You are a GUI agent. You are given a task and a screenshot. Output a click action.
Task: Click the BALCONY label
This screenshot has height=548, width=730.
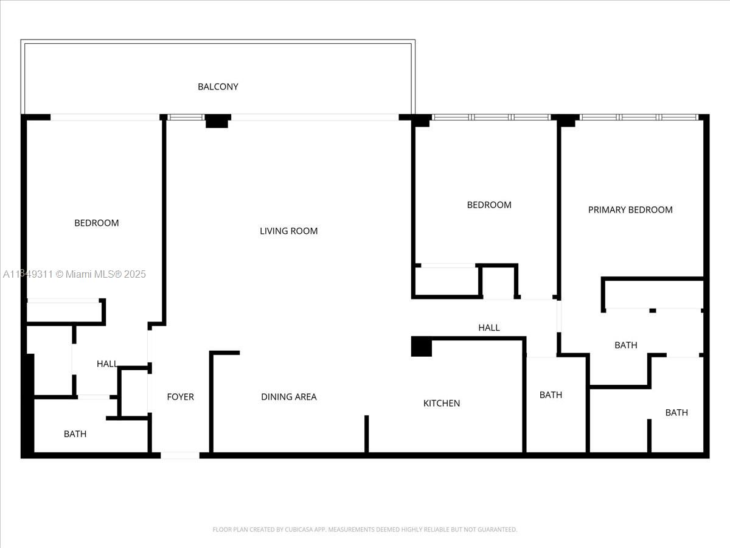coord(218,86)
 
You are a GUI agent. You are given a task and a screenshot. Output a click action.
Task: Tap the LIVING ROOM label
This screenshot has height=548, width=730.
coord(288,231)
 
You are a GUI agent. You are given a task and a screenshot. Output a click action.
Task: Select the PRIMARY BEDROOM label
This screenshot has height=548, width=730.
coord(630,209)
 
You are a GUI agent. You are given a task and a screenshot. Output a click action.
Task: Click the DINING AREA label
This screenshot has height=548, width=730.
coord(288,396)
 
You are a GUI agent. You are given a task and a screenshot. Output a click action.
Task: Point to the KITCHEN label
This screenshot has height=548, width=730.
coord(442,403)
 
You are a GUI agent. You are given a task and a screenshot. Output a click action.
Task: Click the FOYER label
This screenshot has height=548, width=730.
coord(180,396)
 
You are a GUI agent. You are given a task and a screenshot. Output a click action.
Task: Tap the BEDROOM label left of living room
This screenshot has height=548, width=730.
coord(96,223)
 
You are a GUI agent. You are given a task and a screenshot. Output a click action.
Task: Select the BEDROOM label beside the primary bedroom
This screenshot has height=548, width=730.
coord(489,205)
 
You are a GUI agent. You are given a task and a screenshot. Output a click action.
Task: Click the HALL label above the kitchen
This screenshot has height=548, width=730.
coord(488,328)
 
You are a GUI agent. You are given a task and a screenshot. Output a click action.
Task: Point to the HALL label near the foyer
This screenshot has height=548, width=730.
coord(107,364)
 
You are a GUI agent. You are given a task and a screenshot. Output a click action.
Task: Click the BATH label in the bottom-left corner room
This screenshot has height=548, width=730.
coord(75,434)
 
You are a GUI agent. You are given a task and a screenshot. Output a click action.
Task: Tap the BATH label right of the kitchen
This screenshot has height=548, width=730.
coord(551,395)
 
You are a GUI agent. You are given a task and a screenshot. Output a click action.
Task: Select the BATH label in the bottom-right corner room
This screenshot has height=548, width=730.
coord(676,412)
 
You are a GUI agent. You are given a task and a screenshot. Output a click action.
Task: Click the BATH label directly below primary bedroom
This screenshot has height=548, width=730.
coord(625,345)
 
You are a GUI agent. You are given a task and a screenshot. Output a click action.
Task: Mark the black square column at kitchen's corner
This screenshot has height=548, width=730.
coord(422,346)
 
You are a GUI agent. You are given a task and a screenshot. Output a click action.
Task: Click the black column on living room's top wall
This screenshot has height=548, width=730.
coord(217,121)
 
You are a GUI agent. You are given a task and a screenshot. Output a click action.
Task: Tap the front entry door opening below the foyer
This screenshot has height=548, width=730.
coord(180,455)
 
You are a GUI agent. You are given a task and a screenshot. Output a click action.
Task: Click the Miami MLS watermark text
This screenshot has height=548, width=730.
coord(74,275)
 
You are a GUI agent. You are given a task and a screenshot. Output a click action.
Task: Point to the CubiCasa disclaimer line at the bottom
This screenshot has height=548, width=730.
coord(365,529)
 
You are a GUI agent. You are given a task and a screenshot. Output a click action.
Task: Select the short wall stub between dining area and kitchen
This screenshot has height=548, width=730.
coord(366,434)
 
